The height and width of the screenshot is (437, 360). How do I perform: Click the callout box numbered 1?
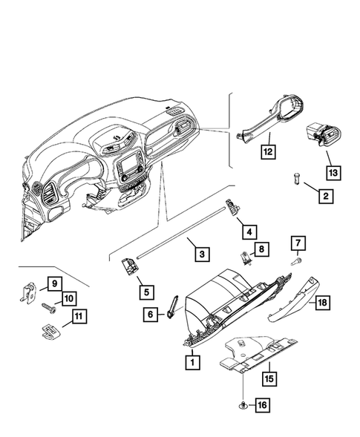[x=192, y=363]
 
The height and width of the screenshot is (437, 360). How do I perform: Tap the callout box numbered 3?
[x=201, y=253]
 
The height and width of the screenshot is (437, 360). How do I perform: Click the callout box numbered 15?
[x=267, y=378]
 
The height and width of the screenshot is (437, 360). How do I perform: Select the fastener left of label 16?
[x=243, y=404]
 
